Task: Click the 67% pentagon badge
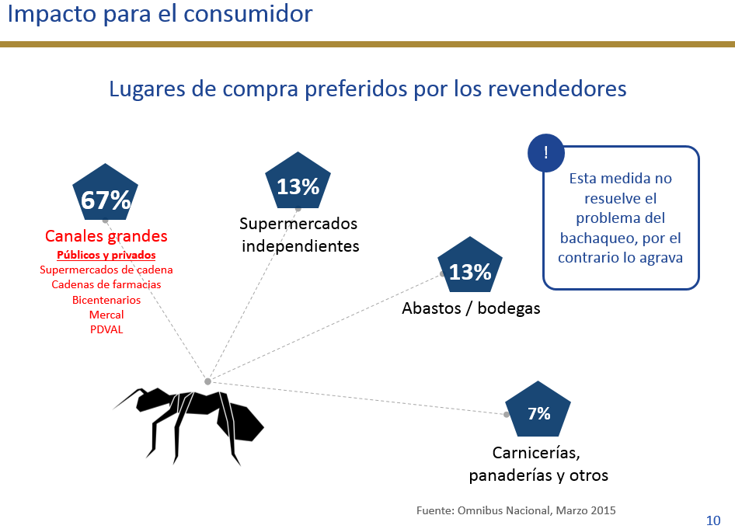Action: click(106, 193)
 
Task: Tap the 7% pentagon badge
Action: click(538, 410)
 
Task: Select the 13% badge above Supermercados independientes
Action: click(298, 181)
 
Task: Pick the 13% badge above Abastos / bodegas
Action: click(470, 266)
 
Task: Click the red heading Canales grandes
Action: click(106, 235)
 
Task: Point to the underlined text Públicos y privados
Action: click(106, 255)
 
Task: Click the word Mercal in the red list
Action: click(106, 315)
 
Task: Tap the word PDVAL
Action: click(106, 329)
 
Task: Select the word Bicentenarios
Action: click(106, 300)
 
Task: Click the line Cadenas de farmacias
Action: click(106, 284)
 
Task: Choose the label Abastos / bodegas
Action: click(471, 308)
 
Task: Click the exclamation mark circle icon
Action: click(546, 153)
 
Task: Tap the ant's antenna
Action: click(127, 398)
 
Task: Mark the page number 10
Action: click(713, 520)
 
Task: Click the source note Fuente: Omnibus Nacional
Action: click(516, 510)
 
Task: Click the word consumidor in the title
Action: click(248, 13)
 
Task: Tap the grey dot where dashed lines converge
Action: click(207, 381)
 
